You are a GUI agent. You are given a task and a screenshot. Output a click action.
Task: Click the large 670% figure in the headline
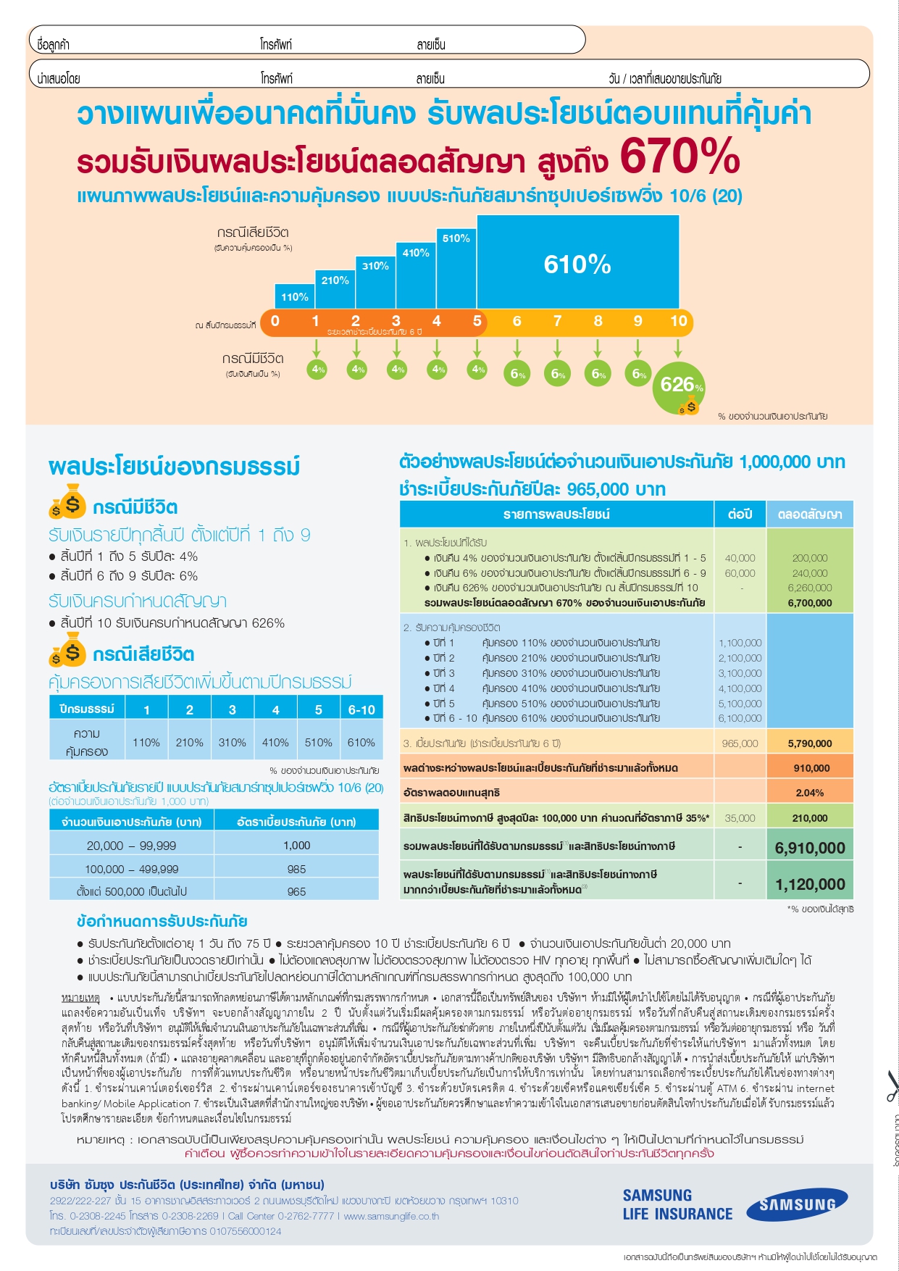click(679, 156)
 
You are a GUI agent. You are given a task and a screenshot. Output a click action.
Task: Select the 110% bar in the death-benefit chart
click(294, 296)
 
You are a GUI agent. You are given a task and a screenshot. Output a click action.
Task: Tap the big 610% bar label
click(577, 264)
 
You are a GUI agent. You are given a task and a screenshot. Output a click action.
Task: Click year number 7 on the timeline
click(557, 321)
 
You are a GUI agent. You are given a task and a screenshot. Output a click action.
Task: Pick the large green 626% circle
click(679, 386)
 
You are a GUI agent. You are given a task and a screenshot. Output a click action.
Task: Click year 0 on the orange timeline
click(275, 321)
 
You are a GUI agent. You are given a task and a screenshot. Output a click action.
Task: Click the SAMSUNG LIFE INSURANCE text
click(677, 1204)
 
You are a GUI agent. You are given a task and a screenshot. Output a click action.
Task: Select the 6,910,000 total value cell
click(810, 848)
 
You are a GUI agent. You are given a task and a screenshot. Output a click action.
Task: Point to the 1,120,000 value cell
click(810, 884)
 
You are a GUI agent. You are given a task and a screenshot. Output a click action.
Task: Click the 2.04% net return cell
click(810, 793)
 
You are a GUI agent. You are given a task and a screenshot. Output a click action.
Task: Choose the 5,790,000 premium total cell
click(810, 743)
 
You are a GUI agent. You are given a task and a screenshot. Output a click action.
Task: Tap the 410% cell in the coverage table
click(275, 742)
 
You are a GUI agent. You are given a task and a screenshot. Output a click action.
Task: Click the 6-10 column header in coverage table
click(361, 709)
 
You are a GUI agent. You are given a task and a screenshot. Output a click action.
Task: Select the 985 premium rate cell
click(296, 869)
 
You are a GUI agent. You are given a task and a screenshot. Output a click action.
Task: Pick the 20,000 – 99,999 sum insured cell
click(131, 846)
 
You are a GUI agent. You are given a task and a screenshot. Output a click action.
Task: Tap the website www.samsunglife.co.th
click(391, 1216)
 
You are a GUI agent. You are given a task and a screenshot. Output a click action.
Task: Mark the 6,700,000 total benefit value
click(810, 603)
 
